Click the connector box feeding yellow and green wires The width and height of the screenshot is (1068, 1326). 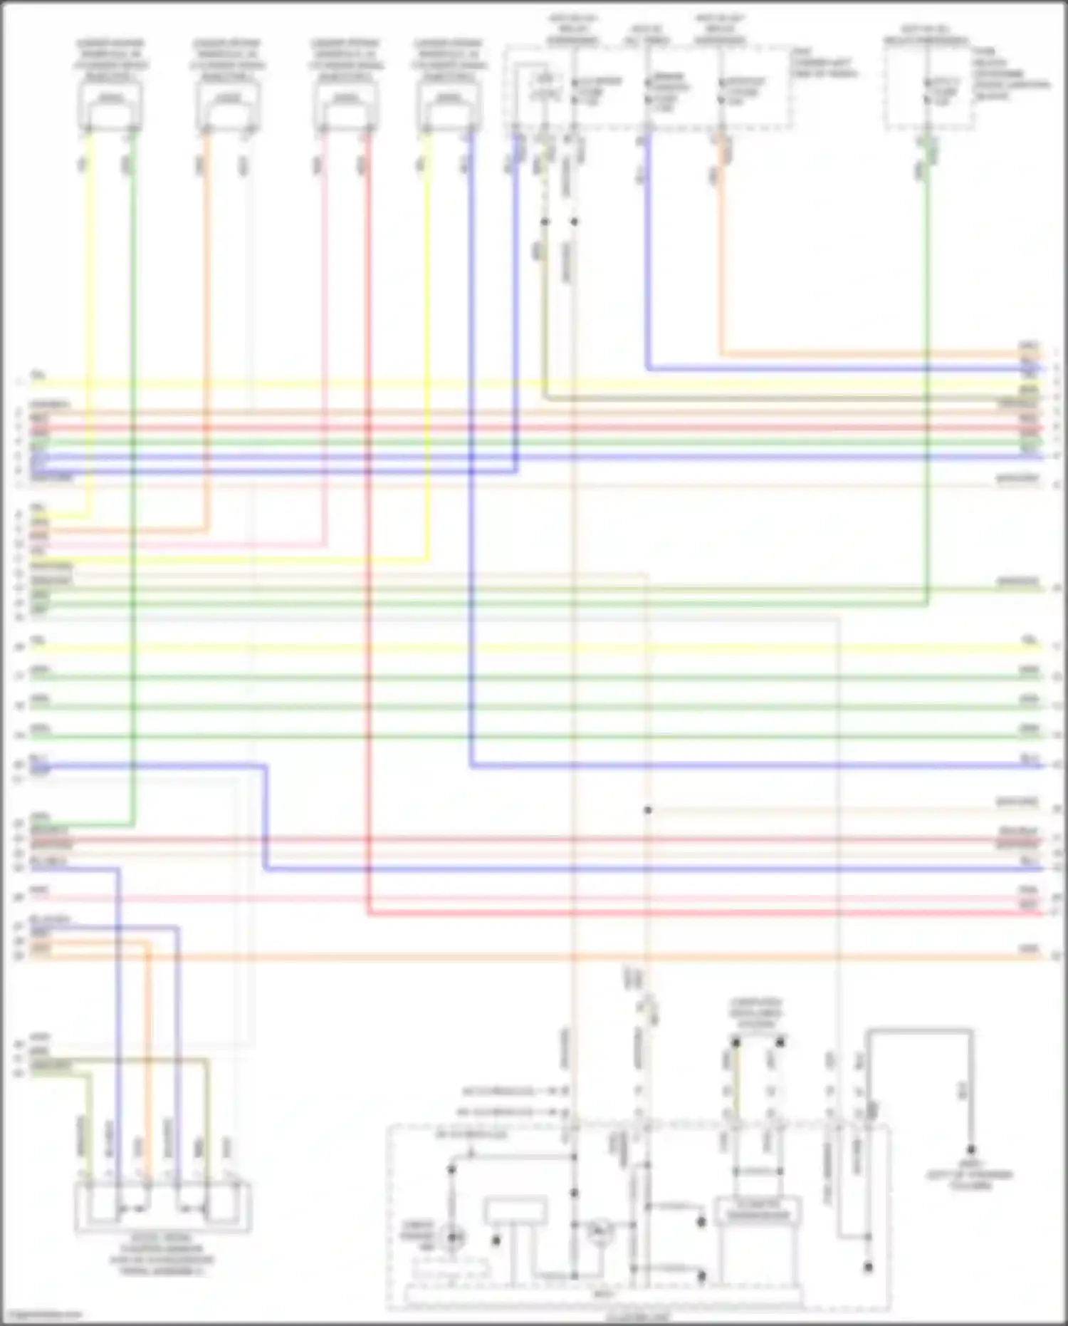point(110,106)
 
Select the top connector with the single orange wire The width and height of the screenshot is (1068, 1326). point(228,106)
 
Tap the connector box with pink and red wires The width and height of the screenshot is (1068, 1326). point(346,106)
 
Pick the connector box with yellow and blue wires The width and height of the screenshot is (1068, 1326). point(449,106)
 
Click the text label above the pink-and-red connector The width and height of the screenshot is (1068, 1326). point(346,60)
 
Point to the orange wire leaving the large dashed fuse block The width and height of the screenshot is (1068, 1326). point(721,249)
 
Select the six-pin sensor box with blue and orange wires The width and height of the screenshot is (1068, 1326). point(163,1207)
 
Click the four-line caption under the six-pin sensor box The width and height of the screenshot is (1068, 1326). point(162,1254)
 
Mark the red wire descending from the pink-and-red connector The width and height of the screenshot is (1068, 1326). point(368,499)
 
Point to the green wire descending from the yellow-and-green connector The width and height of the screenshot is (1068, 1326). point(133,499)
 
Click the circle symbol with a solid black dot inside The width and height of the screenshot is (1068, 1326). point(451,1238)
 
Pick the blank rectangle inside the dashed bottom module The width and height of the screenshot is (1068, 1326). point(515,1211)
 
